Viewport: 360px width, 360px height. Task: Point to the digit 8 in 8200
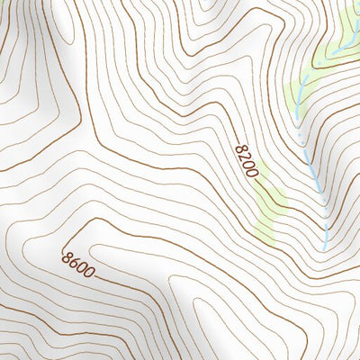pos(239,148)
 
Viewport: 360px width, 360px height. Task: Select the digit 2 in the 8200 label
pos(244,156)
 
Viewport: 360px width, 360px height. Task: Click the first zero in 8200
pos(248,164)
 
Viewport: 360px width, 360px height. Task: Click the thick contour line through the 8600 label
pos(126,288)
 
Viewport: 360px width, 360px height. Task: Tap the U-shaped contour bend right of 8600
pos(171,270)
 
